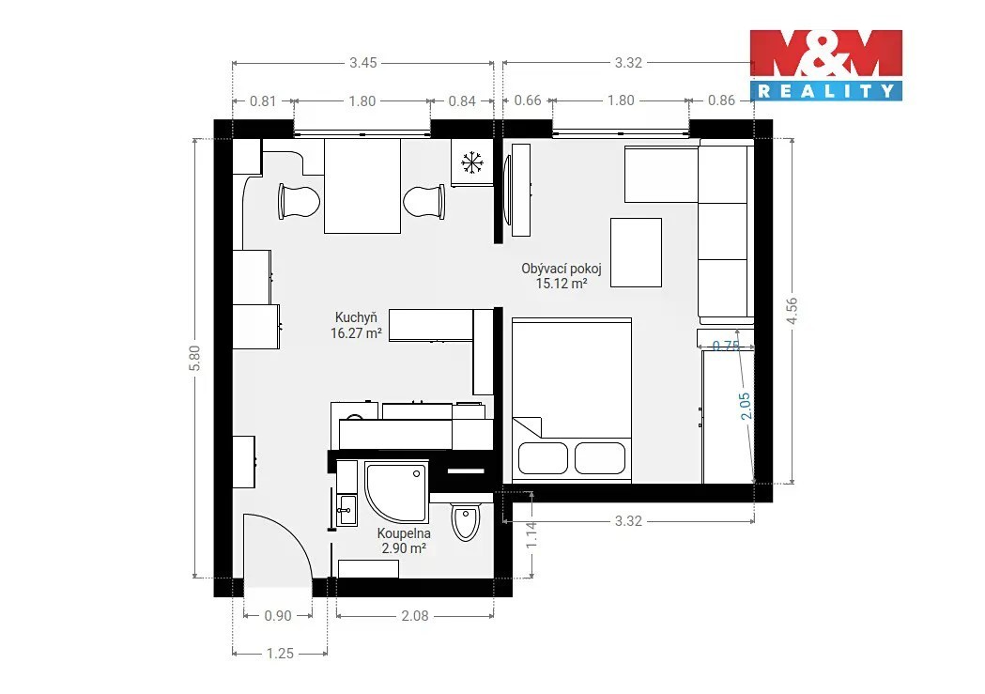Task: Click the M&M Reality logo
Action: click(826, 65)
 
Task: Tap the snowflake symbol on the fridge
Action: click(471, 162)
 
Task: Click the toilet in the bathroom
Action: click(466, 520)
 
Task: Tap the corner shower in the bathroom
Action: click(396, 493)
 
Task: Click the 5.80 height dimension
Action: click(194, 358)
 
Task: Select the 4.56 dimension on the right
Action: click(792, 311)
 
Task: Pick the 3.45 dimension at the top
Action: click(363, 63)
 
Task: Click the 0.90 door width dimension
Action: click(278, 616)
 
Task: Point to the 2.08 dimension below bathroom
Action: click(415, 616)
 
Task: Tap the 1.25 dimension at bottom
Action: click(280, 654)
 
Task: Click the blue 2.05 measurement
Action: click(745, 406)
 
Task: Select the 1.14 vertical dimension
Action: click(531, 535)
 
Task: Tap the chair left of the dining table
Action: click(299, 202)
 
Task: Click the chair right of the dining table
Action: click(424, 202)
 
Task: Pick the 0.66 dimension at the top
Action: click(528, 100)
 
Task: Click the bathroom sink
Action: click(346, 510)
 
